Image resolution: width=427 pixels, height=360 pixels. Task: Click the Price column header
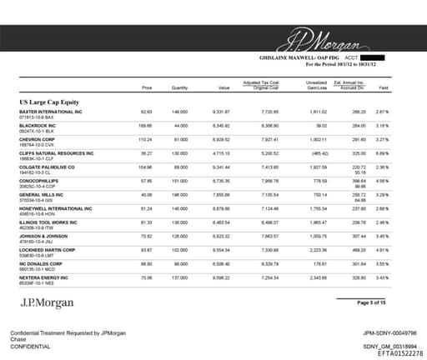[x=147, y=87]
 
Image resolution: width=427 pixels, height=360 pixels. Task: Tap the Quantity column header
[x=179, y=87]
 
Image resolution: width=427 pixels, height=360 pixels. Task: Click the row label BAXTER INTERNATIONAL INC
[x=50, y=111]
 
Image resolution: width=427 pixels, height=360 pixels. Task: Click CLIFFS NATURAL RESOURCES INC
[x=55, y=153]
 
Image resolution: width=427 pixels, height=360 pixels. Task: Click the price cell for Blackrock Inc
[x=147, y=125]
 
